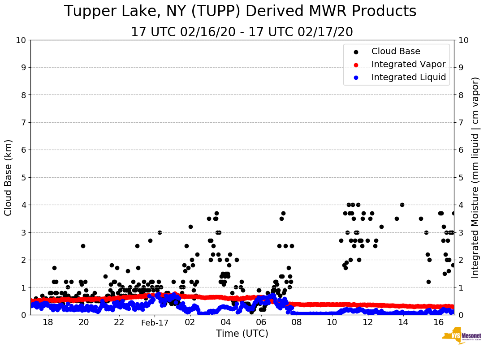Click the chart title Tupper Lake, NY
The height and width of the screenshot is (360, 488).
240,12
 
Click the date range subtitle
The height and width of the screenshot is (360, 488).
242,32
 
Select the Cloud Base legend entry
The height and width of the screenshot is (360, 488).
396,51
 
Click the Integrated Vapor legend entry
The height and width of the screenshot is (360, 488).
408,64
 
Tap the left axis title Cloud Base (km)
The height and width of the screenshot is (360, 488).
9,177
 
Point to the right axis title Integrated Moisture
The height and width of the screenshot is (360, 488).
475,177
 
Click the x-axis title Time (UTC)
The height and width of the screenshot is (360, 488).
242,334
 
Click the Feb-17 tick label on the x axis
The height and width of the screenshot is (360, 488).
155,322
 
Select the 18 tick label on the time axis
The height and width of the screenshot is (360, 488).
48,322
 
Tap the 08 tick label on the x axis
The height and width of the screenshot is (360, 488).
296,322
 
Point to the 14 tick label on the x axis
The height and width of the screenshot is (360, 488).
403,322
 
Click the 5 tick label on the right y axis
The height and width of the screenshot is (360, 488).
461,177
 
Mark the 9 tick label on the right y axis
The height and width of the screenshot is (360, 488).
461,68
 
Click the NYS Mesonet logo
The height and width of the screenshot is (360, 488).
461,337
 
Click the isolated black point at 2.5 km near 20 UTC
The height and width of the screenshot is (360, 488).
83,246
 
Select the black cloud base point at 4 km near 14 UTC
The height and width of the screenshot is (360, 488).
402,205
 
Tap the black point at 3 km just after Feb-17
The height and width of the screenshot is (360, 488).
160,232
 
